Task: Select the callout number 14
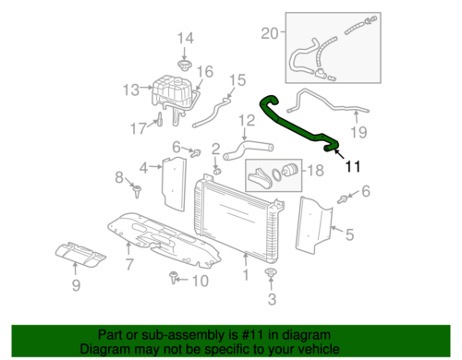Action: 186,38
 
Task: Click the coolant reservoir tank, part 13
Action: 170,92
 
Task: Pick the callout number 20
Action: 269,34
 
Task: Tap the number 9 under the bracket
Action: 76,285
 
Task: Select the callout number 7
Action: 129,266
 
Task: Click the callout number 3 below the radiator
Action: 271,300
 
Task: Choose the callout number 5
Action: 349,234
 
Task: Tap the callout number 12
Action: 247,120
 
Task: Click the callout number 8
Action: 118,176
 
